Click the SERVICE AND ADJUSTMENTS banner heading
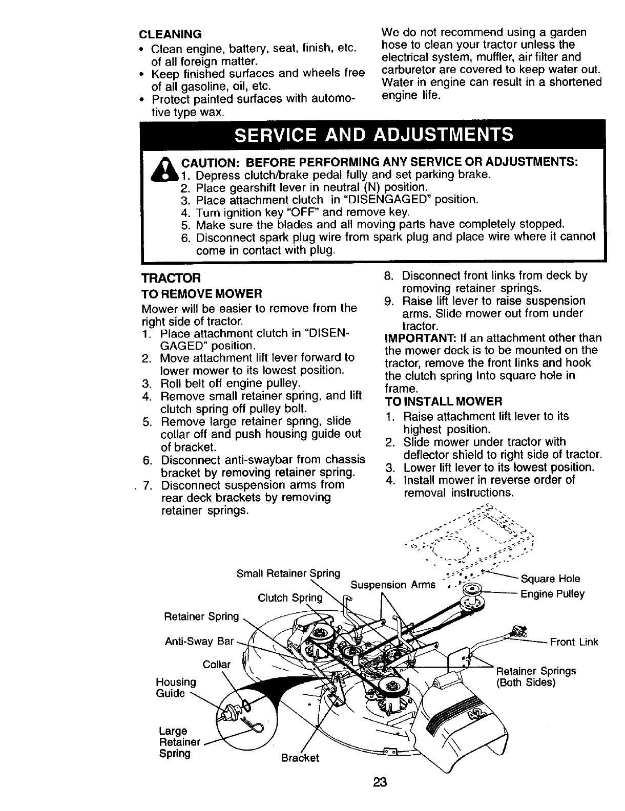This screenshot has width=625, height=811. point(373,134)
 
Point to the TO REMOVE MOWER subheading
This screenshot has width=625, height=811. point(202,294)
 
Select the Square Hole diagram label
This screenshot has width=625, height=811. point(550,579)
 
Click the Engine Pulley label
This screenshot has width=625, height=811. point(552,594)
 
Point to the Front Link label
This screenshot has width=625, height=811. point(574,642)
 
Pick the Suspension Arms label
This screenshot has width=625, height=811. point(393,585)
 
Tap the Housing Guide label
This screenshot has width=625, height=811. point(176,688)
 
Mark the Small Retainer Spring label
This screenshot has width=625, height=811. point(288,573)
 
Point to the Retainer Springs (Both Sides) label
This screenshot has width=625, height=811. point(536,677)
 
